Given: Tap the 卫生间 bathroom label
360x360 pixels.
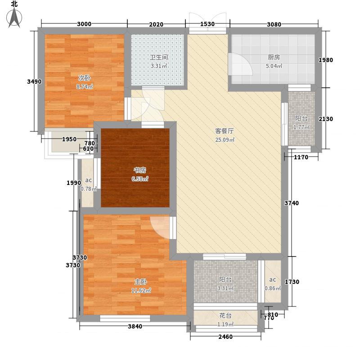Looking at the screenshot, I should pos(158,58).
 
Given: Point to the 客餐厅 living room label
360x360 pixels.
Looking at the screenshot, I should pos(224,131).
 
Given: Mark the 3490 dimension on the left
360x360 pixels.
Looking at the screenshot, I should pos(34,81).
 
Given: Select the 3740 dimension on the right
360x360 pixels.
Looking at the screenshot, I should pos(292,203).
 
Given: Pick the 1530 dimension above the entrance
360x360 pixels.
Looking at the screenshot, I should pos(207,24).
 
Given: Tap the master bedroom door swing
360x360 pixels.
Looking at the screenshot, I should pos(160,226).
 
